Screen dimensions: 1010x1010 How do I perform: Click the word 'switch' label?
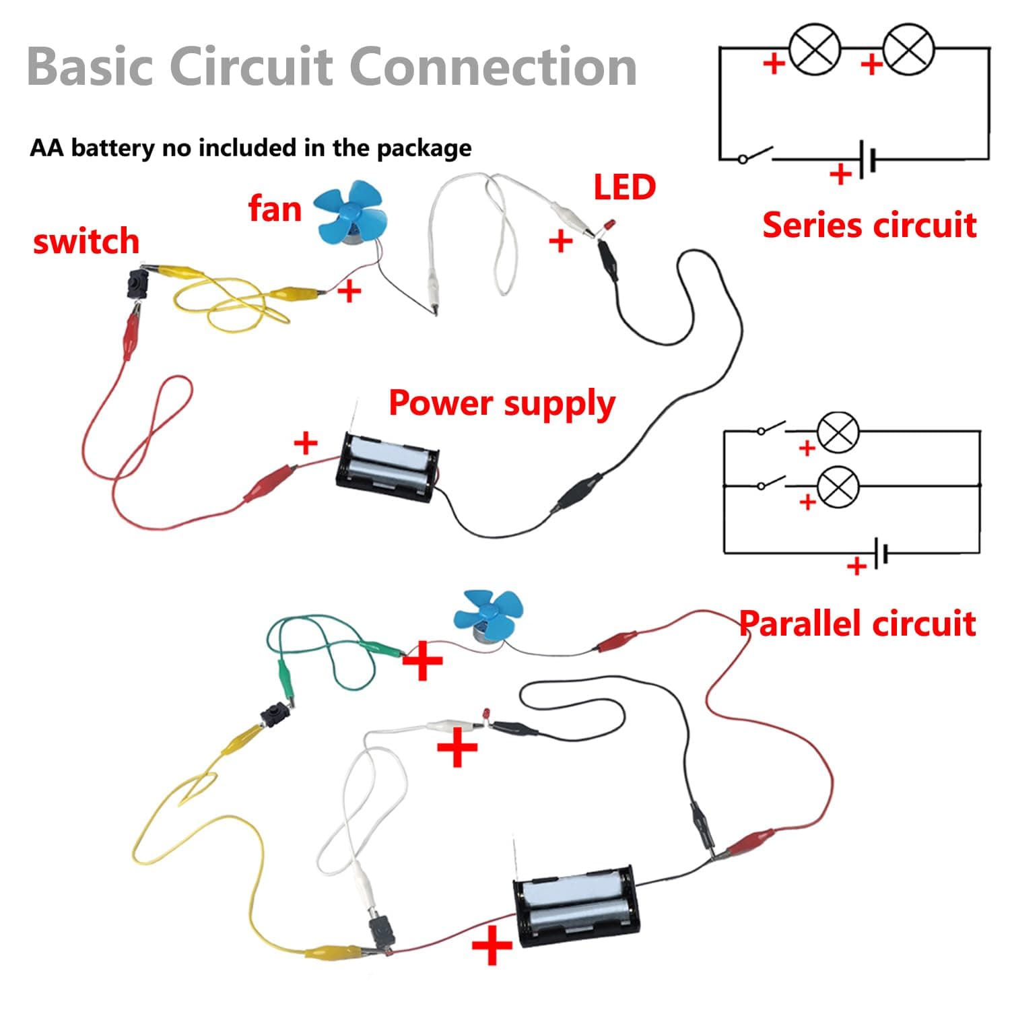[86, 241]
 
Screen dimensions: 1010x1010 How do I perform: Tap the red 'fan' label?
[275, 208]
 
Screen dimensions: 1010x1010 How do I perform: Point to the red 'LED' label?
[624, 187]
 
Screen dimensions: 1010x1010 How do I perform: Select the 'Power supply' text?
[502, 403]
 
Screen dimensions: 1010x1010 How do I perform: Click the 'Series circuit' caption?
[869, 225]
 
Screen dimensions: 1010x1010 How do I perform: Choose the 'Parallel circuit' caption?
[857, 624]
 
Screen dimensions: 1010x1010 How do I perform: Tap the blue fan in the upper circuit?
[351, 213]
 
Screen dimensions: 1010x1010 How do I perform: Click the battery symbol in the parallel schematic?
[881, 553]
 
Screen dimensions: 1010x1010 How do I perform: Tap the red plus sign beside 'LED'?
[561, 241]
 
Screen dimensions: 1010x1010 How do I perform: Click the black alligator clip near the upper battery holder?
[578, 492]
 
